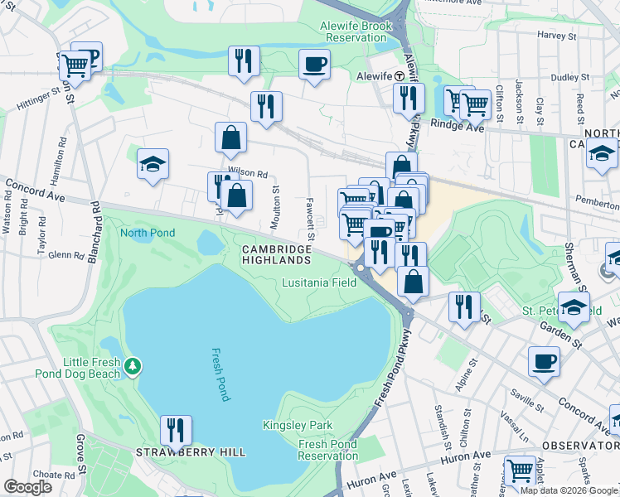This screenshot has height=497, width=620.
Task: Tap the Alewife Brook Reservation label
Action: pyautogui.click(x=356, y=32)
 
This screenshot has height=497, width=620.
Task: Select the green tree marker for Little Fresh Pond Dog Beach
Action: pyautogui.click(x=132, y=365)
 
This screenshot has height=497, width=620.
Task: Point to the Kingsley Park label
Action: pyautogui.click(x=298, y=426)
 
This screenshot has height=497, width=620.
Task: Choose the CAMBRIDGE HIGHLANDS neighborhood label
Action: pyautogui.click(x=280, y=255)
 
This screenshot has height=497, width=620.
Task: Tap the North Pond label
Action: pyautogui.click(x=148, y=233)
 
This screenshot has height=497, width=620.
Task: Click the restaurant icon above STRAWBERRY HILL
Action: pyautogui.click(x=176, y=430)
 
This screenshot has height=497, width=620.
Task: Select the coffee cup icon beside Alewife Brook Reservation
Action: pyautogui.click(x=315, y=64)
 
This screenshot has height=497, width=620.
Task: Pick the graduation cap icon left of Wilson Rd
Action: pyautogui.click(x=153, y=164)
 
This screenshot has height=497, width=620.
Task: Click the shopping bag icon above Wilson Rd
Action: pyautogui.click(x=230, y=138)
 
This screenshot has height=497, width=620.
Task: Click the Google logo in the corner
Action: pyautogui.click(x=27, y=487)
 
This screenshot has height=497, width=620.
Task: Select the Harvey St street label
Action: pyautogui.click(x=556, y=36)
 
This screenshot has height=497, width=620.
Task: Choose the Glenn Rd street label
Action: pyautogui.click(x=67, y=256)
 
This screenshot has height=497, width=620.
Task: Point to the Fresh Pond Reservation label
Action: pyautogui.click(x=328, y=450)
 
